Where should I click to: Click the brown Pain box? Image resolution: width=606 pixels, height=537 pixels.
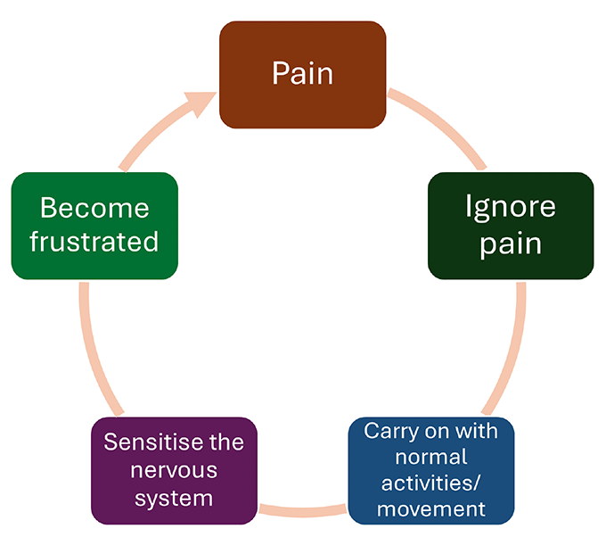(x=303, y=75)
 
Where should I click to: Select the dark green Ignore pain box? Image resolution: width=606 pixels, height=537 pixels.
(x=511, y=225)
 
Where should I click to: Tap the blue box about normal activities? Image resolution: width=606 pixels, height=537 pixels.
(x=432, y=470)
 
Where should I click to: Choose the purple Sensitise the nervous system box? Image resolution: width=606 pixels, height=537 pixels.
(x=175, y=470)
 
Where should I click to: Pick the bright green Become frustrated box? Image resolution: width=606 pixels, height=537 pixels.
(x=94, y=225)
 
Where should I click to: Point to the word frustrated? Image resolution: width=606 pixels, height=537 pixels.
(x=94, y=242)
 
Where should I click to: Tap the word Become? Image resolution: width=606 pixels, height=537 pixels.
(x=94, y=208)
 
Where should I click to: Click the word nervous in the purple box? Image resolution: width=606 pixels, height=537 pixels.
(x=175, y=469)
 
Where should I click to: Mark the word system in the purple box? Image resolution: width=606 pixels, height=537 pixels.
(x=175, y=497)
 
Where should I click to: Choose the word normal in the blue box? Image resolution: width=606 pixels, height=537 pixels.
(x=432, y=458)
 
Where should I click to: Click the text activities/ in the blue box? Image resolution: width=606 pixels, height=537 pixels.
(x=432, y=483)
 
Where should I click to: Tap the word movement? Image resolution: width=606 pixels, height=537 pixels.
(x=432, y=509)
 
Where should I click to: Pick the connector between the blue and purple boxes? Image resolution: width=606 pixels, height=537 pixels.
(x=303, y=512)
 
